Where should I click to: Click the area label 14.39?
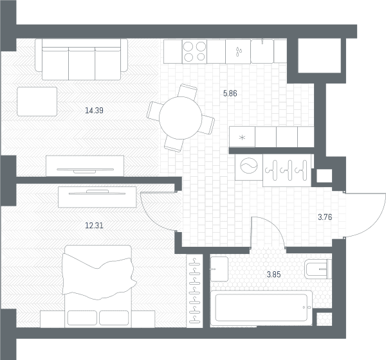coord(94,111)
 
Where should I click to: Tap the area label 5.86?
coord(230,93)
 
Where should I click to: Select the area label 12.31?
coord(94,226)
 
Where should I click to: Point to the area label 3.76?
coord(325,217)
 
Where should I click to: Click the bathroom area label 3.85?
coord(274,274)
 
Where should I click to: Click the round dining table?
coord(181,118)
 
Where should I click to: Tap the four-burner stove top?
coord(194,51)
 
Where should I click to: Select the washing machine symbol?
coord(248,167)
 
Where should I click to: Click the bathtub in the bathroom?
coord(261,308)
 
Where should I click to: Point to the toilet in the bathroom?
coord(318,269)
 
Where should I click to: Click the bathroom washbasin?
coord(219,269)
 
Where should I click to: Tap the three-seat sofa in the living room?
coord(82,59)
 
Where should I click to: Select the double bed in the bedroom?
coord(98,286)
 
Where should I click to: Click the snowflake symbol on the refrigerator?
coord(243,138)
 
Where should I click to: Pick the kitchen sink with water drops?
coord(238,51)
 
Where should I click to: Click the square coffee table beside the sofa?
coord(37,102)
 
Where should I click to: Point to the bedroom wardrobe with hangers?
coord(194,291)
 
